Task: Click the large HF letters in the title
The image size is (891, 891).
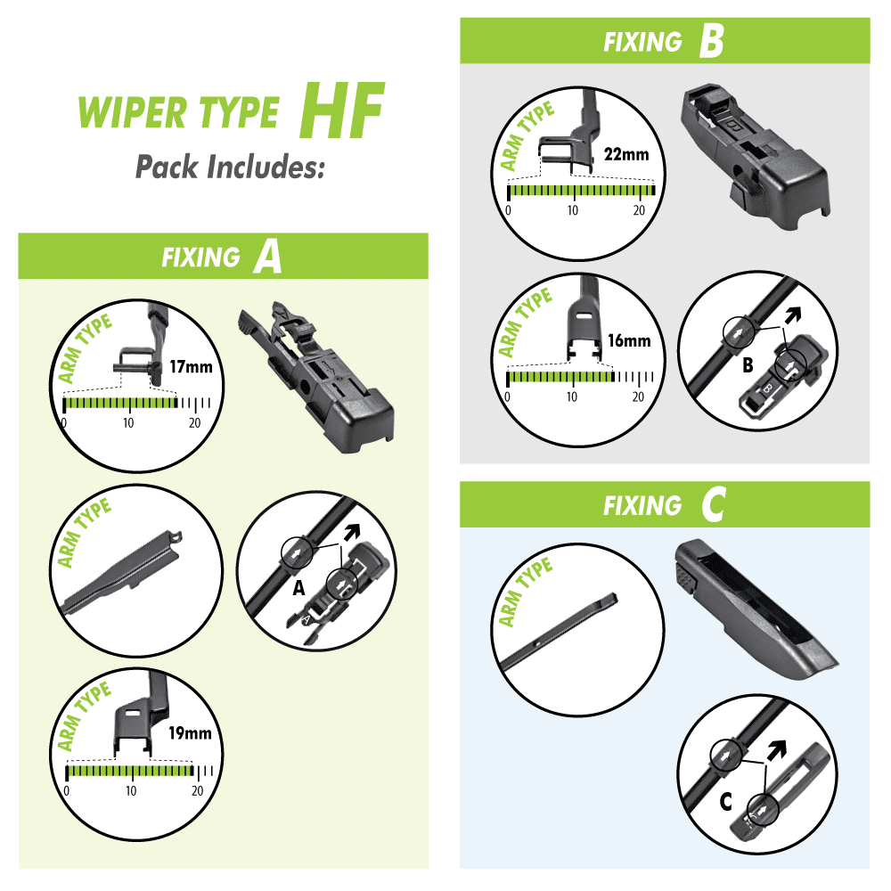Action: tap(342, 110)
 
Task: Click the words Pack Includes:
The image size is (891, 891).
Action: tap(230, 168)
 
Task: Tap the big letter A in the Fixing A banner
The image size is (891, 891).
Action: tap(267, 257)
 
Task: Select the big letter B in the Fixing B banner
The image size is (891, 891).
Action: tap(711, 42)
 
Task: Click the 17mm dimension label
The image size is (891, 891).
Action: tap(191, 367)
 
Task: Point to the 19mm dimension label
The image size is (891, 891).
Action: tap(190, 733)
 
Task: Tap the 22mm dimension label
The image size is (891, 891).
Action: tap(626, 154)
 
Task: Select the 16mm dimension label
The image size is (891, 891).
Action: tap(629, 340)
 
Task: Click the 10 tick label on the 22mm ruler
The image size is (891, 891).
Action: tap(573, 210)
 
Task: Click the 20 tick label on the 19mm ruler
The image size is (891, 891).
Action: tap(197, 791)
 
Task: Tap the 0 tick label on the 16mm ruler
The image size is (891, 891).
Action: tap(507, 396)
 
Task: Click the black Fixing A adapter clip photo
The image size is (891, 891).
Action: tap(316, 376)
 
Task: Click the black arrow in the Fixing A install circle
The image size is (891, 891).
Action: tap(352, 532)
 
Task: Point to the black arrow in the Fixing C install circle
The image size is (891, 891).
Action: tap(777, 749)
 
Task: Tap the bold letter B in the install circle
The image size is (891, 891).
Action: tap(748, 365)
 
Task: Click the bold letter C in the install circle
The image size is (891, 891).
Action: tap(725, 803)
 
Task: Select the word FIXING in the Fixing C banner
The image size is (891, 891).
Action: tap(642, 506)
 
